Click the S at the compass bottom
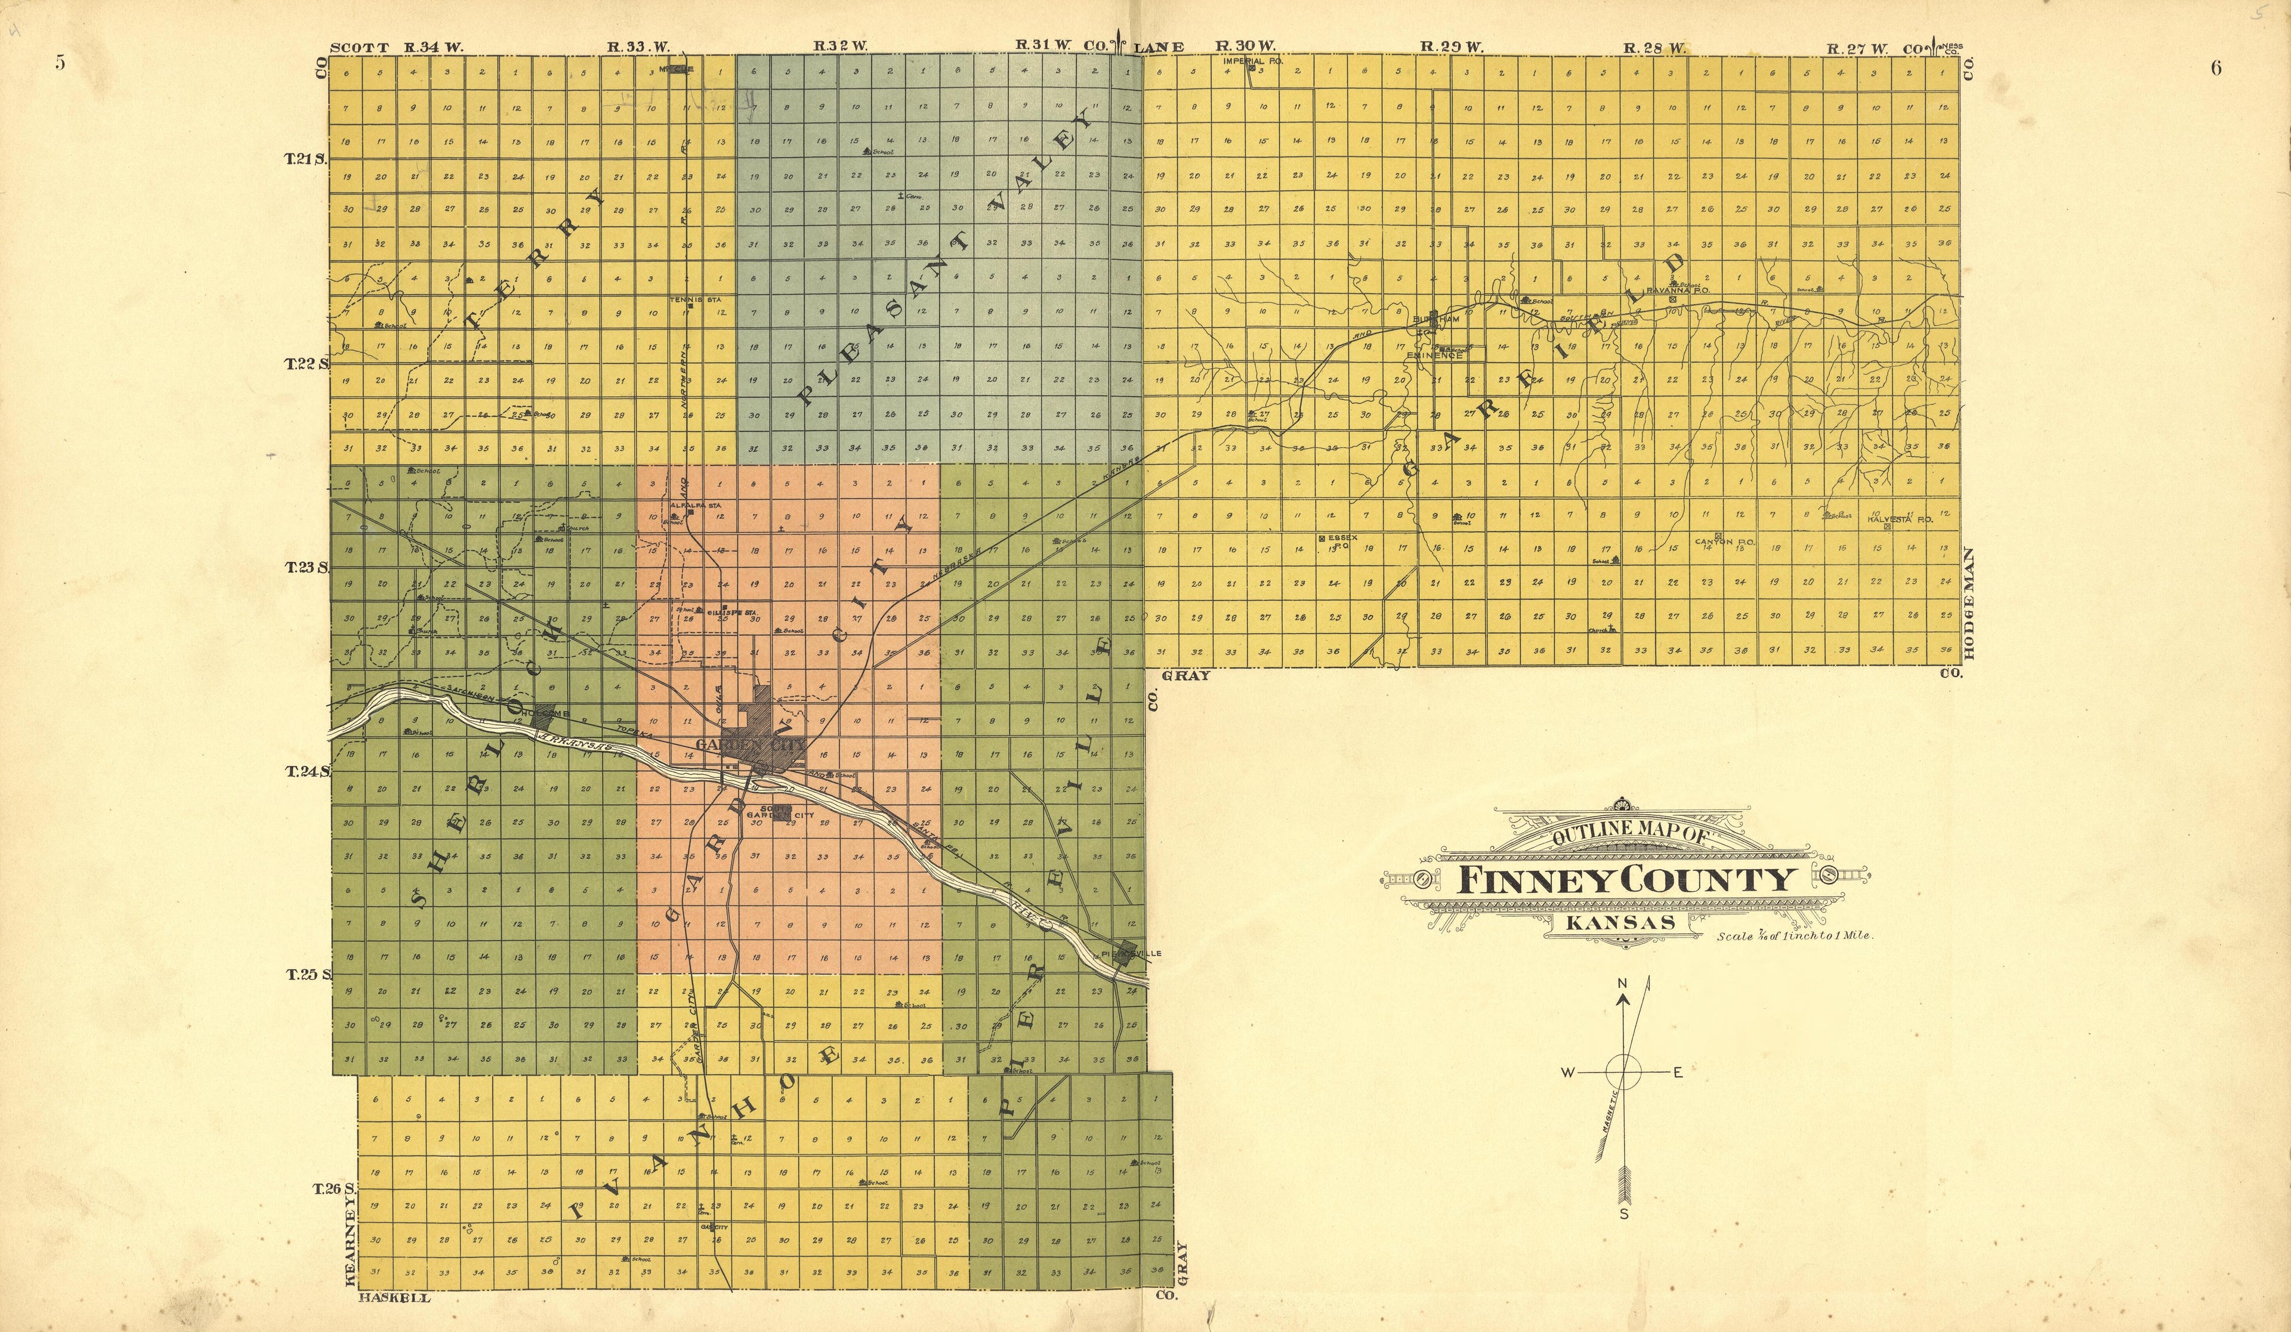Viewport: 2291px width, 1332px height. [1624, 1213]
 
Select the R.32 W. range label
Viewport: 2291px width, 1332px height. [840, 45]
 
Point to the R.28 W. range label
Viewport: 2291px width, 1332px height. [1654, 47]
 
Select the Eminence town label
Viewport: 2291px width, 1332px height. [1435, 356]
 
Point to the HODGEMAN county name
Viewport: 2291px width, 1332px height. [1969, 603]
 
